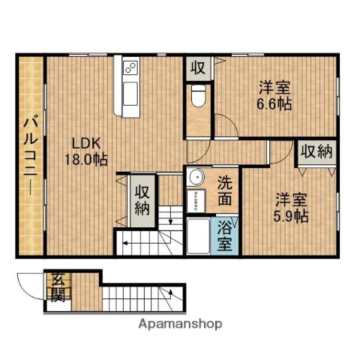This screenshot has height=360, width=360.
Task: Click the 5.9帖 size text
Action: (x=291, y=216)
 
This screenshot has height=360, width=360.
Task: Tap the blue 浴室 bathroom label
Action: (x=225, y=235)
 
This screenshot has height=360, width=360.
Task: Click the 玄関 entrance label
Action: (x=58, y=286)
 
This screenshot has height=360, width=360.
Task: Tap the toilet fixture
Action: (x=199, y=97)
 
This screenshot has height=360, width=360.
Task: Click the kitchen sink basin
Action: (x=128, y=96)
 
